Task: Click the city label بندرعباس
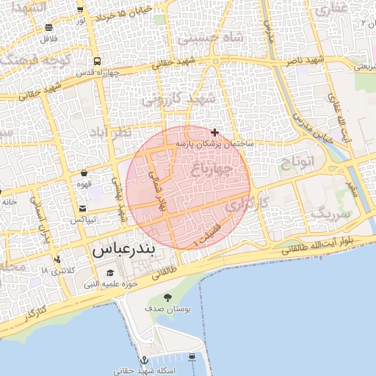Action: (x=123, y=250)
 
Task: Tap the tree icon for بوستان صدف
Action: (x=168, y=297)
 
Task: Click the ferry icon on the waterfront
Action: (x=192, y=357)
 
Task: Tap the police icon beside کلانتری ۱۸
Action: (x=57, y=259)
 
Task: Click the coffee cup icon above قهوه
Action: (x=85, y=174)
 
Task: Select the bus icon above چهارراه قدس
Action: (x=98, y=62)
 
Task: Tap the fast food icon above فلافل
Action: (x=50, y=27)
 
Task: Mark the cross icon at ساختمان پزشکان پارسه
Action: (x=214, y=132)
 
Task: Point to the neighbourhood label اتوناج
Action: (x=297, y=161)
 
